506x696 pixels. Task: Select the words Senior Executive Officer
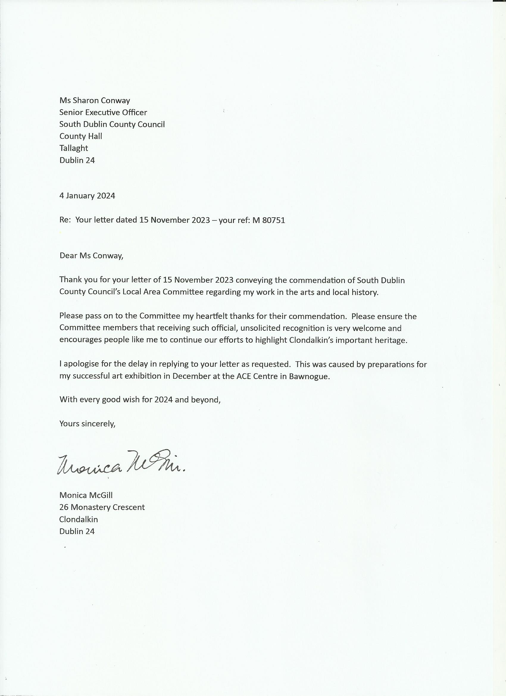(x=103, y=112)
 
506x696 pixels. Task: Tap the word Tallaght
(x=74, y=148)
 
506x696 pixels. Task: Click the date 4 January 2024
(x=87, y=196)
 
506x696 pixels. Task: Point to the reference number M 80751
(x=269, y=220)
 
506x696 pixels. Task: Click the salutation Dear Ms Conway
(x=91, y=256)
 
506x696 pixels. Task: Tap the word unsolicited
(x=260, y=328)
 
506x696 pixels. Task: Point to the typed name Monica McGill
(x=86, y=495)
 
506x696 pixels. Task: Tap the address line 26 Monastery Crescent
(x=102, y=507)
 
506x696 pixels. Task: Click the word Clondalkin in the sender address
(x=79, y=519)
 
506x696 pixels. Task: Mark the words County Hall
(x=81, y=136)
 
